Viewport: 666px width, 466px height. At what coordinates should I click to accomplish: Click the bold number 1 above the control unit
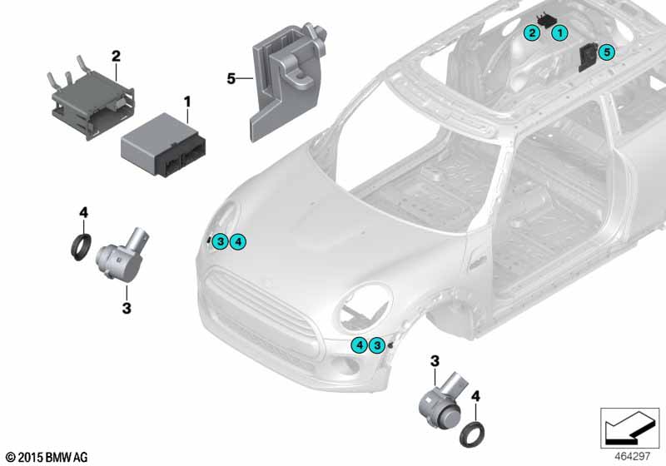(186, 102)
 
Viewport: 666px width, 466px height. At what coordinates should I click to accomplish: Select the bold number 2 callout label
(116, 56)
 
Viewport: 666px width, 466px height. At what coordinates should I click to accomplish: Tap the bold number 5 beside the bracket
(231, 78)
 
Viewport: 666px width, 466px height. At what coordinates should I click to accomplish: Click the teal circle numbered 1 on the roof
(559, 32)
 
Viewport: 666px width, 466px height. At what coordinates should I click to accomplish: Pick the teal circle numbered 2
(532, 32)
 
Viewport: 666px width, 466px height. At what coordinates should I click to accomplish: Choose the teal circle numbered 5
(607, 52)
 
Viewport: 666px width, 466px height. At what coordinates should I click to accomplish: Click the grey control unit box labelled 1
(163, 139)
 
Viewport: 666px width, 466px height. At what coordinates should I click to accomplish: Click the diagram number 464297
(632, 456)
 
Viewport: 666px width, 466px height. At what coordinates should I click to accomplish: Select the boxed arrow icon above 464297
(630, 429)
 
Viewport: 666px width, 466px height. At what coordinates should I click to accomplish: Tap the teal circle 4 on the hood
(238, 242)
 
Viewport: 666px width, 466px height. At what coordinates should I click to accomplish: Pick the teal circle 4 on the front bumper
(360, 345)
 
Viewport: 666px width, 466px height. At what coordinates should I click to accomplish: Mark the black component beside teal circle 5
(589, 57)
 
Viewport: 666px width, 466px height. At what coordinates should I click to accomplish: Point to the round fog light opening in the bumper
(344, 366)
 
